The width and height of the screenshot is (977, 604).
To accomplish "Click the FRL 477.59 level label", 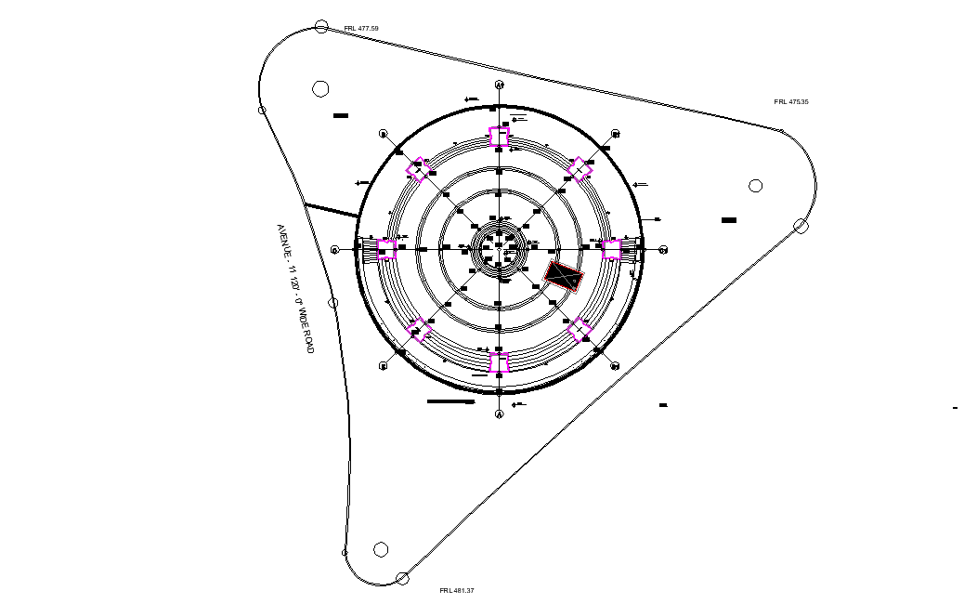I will (x=361, y=29).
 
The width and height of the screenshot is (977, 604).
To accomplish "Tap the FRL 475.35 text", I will (x=790, y=101).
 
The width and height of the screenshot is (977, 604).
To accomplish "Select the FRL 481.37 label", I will (x=457, y=590).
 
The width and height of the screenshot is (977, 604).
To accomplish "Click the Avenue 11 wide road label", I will (x=295, y=288).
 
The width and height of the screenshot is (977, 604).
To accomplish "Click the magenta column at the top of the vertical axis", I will (x=500, y=137).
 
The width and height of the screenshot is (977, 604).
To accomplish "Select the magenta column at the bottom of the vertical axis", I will (x=500, y=362).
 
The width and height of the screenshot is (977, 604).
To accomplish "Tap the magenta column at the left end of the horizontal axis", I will (x=387, y=249).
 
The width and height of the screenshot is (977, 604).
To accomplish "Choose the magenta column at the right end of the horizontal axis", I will (x=611, y=249).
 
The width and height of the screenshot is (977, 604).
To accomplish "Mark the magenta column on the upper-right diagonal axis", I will (x=580, y=169).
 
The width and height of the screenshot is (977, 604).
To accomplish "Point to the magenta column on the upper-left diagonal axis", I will (x=419, y=169).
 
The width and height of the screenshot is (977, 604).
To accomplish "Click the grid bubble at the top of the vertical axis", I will (x=500, y=85).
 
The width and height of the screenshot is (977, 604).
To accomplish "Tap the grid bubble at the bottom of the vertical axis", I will (x=500, y=414).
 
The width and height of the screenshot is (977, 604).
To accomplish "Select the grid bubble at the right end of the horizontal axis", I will (x=664, y=250).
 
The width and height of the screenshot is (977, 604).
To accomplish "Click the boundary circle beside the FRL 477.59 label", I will (x=321, y=27).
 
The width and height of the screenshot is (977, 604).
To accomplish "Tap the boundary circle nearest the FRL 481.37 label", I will (x=402, y=579).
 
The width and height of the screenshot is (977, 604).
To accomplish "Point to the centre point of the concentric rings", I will (x=500, y=249).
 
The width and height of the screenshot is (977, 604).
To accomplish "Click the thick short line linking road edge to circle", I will (x=332, y=211).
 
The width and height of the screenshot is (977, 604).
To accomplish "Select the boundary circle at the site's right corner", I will (x=801, y=225).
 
